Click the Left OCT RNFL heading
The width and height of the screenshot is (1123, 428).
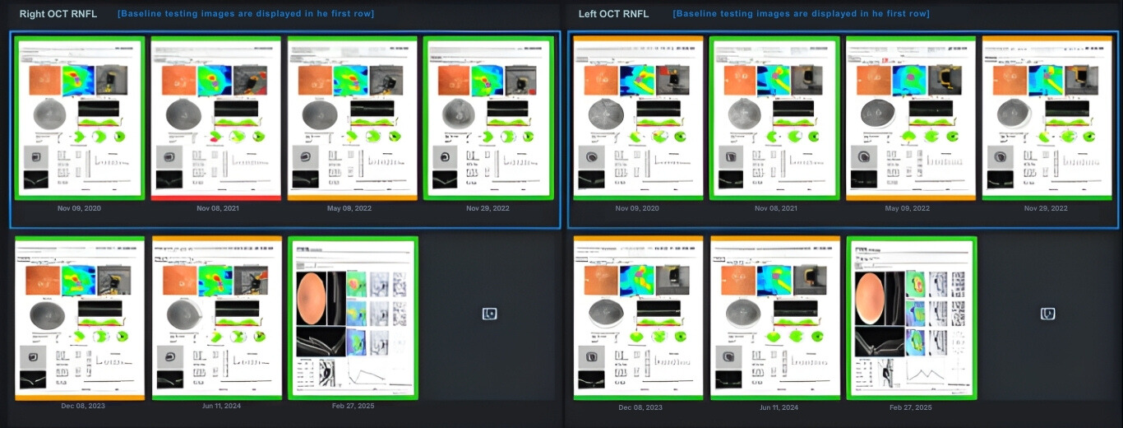(x=613, y=14)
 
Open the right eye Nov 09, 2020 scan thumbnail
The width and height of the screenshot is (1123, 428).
(x=80, y=118)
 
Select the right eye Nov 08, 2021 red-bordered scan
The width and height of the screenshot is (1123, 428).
(x=216, y=118)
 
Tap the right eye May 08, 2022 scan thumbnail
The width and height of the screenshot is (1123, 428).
(x=353, y=118)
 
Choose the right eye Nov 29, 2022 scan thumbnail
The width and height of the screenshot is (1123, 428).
(x=488, y=118)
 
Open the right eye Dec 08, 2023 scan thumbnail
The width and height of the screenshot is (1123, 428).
(x=80, y=318)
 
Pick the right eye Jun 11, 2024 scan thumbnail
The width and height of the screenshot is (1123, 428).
(x=216, y=318)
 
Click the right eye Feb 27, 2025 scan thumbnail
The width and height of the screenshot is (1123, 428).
(x=353, y=318)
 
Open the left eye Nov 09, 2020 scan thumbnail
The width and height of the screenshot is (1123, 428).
(x=638, y=118)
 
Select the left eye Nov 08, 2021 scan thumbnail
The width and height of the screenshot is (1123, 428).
(x=774, y=118)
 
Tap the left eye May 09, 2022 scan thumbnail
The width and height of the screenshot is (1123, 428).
(x=911, y=118)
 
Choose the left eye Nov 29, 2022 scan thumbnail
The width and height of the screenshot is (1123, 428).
(x=1047, y=118)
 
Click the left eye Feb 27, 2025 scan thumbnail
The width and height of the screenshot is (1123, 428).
(x=911, y=318)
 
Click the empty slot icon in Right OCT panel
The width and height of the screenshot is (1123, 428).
(x=489, y=314)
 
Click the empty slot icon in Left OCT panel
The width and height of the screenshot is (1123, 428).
(x=1047, y=314)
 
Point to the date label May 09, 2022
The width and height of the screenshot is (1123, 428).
(x=908, y=208)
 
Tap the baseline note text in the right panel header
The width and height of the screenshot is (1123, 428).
(x=246, y=14)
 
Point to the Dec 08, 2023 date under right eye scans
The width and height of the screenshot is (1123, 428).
(x=83, y=406)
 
